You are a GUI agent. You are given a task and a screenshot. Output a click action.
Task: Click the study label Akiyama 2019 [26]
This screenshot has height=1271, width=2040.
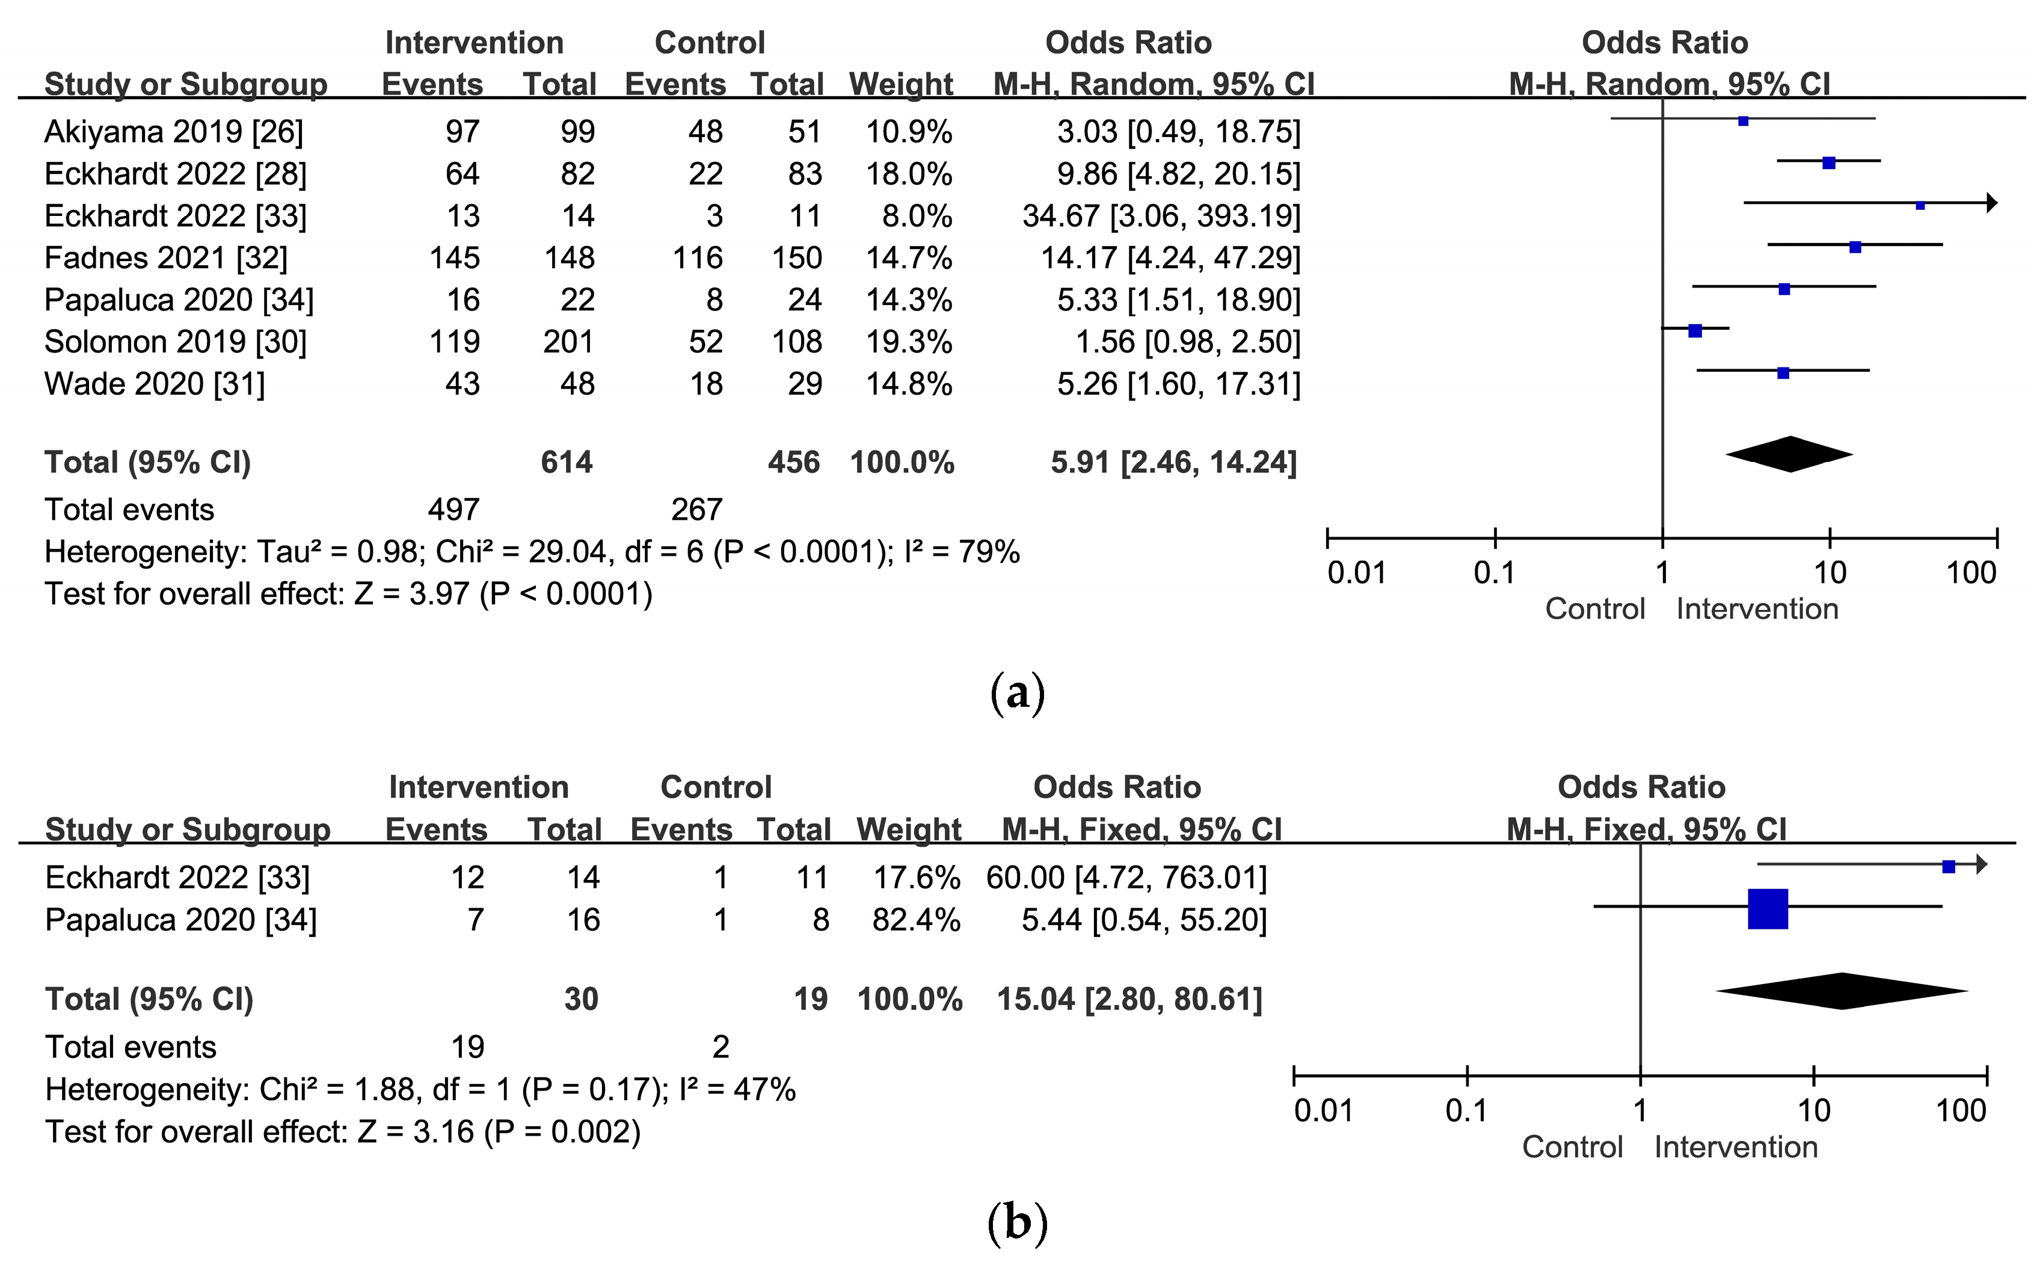173,132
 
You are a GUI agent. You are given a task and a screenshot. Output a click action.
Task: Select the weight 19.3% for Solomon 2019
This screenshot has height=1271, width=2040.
909,342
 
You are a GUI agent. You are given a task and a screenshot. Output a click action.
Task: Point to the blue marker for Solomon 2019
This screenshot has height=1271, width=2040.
1695,331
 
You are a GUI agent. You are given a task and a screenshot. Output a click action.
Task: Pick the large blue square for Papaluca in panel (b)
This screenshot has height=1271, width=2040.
1768,909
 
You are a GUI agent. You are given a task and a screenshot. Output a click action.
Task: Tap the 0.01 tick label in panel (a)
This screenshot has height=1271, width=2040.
1356,573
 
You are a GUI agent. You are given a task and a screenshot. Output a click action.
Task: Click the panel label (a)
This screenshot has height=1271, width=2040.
1018,694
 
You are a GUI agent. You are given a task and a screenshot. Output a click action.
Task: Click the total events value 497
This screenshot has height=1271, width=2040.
453,510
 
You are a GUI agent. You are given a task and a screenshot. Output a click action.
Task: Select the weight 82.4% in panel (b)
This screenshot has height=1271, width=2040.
916,920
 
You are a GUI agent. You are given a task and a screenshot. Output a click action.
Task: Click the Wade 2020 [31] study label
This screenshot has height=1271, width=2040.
155,384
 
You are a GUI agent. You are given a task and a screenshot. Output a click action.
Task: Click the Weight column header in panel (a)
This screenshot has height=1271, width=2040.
901,84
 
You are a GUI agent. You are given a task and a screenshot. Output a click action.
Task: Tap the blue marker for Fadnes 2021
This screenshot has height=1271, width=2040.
1855,247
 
